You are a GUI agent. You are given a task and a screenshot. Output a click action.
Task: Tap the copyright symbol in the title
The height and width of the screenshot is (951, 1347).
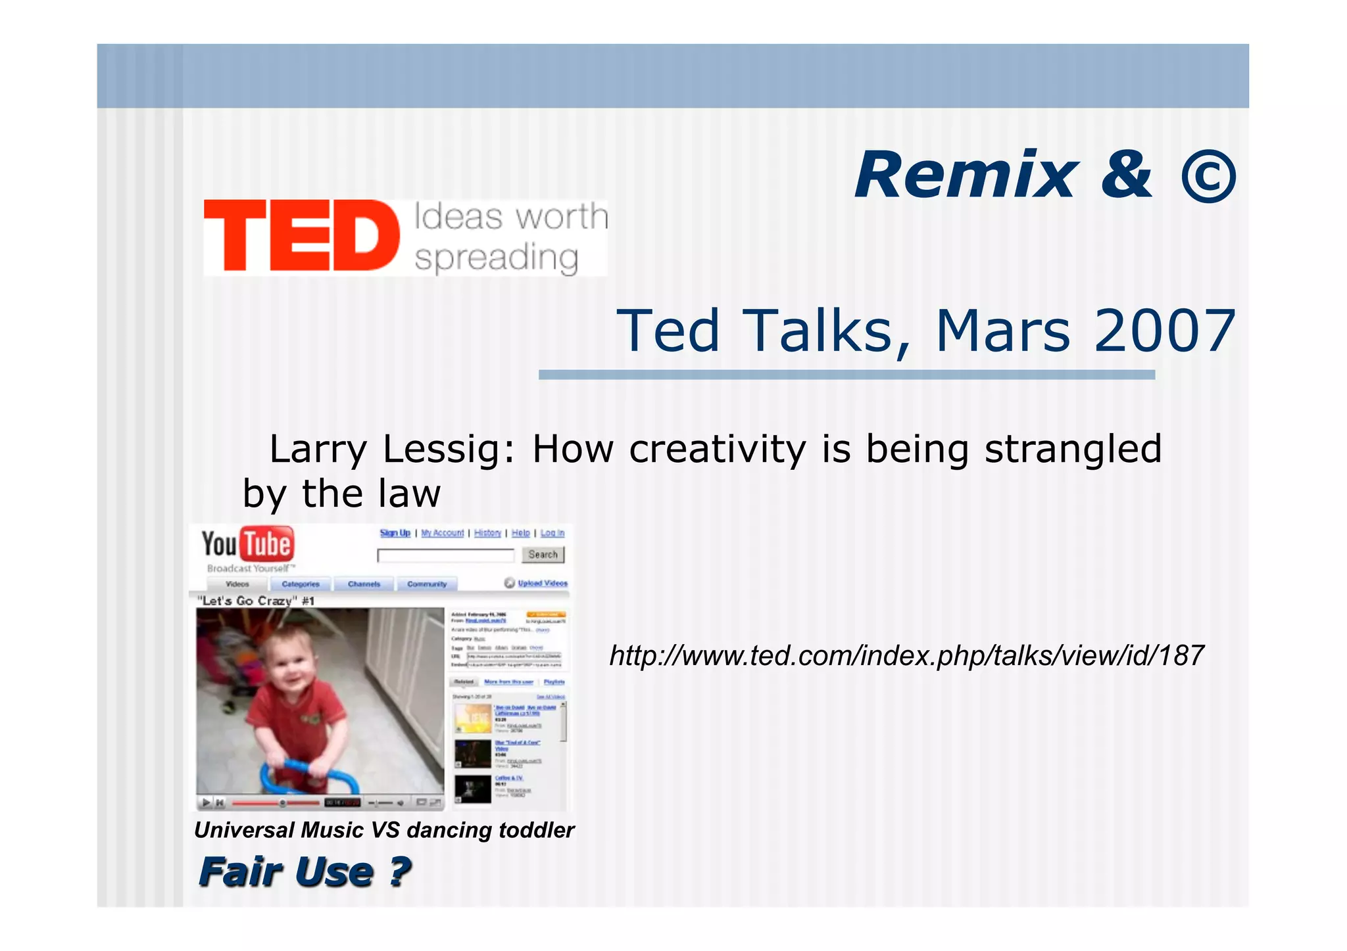coord(1208,176)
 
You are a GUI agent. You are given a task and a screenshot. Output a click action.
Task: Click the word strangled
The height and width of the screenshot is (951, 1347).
coord(1073,450)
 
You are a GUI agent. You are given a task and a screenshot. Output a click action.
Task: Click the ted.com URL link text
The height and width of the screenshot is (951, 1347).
coord(906,655)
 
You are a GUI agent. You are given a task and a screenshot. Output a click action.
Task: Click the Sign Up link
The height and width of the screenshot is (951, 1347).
coord(395,533)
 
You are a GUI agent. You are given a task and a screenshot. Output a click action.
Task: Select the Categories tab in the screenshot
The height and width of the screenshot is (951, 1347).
coord(301,584)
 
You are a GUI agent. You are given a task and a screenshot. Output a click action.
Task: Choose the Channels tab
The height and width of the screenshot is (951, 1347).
coord(364,584)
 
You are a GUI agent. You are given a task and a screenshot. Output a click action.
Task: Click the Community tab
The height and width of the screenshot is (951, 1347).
coord(427,584)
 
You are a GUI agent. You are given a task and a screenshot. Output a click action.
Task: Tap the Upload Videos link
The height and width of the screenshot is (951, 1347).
coord(542,583)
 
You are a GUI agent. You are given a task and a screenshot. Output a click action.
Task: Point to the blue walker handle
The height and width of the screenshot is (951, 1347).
coord(309,769)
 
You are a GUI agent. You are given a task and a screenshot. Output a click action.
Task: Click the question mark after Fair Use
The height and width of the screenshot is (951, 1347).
coord(399,872)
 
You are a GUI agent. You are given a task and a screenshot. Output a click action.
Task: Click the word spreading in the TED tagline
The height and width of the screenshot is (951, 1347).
coord(497,258)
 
